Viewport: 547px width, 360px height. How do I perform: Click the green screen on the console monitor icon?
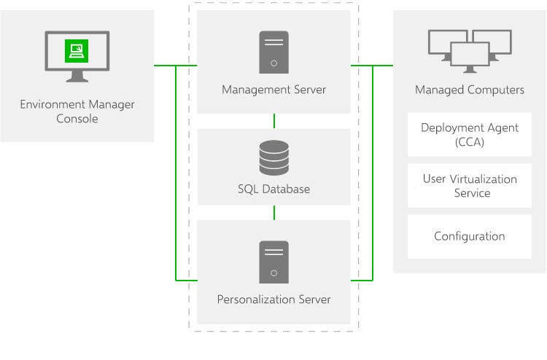tap(77, 50)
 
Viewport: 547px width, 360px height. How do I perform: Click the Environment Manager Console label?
tap(77, 111)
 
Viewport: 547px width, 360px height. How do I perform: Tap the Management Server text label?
tap(273, 90)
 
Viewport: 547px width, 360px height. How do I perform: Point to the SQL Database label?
tap(273, 189)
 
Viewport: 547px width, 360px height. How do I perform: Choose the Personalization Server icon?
tap(273, 261)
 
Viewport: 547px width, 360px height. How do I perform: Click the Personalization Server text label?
tap(273, 300)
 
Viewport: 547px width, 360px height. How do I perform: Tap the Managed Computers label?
tap(469, 90)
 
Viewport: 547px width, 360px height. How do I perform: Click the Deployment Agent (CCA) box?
tap(469, 135)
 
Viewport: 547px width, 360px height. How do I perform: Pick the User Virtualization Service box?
tap(469, 186)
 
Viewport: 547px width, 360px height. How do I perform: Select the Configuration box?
tap(469, 236)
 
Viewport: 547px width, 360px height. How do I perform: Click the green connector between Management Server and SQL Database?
tap(273, 121)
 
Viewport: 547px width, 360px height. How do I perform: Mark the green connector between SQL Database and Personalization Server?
tap(273, 212)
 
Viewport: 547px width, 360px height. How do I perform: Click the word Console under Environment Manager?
tap(77, 119)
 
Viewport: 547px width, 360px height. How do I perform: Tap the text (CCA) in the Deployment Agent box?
tap(470, 142)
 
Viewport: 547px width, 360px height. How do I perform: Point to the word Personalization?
tap(252, 300)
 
